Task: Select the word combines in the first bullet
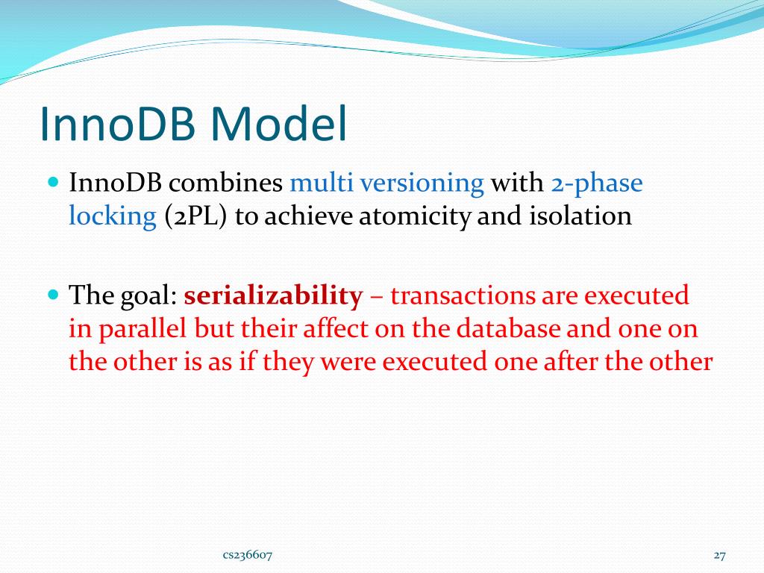pyautogui.click(x=225, y=184)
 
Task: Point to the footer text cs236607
pyautogui.click(x=248, y=555)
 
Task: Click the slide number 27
pyautogui.click(x=720, y=555)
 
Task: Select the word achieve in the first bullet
pyautogui.click(x=309, y=216)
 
